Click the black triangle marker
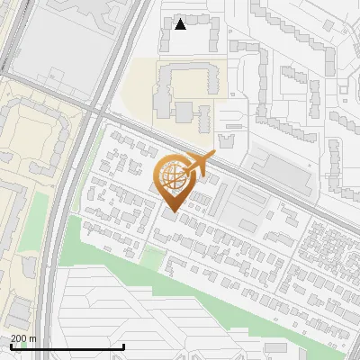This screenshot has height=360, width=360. click(x=181, y=24)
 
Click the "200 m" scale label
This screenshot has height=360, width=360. click(x=23, y=338)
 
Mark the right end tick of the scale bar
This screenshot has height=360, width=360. click(x=123, y=346)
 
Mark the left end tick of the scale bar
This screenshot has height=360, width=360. click(x=11, y=346)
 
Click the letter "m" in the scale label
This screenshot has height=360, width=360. click(x=33, y=338)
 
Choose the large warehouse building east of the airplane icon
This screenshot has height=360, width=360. click(x=280, y=170)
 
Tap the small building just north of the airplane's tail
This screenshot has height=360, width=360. click(x=224, y=139)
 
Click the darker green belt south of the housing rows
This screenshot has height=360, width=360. click(x=180, y=270)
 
